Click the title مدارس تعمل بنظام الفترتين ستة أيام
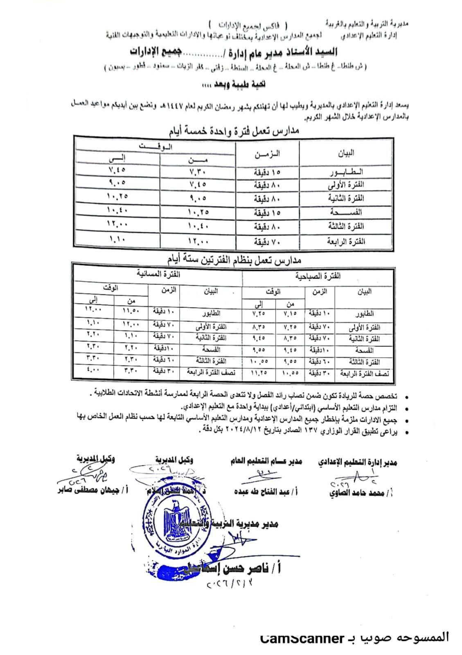pyautogui.click(x=234, y=260)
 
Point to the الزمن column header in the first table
pyautogui.click(x=267, y=154)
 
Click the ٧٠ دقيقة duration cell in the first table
pyautogui.click(x=268, y=242)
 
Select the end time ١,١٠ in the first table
pyautogui.click(x=117, y=239)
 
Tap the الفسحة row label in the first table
pyautogui.click(x=346, y=212)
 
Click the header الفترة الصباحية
pyautogui.click(x=318, y=276)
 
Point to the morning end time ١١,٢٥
pyautogui.click(x=259, y=374)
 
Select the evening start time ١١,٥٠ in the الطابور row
pyautogui.click(x=131, y=311)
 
